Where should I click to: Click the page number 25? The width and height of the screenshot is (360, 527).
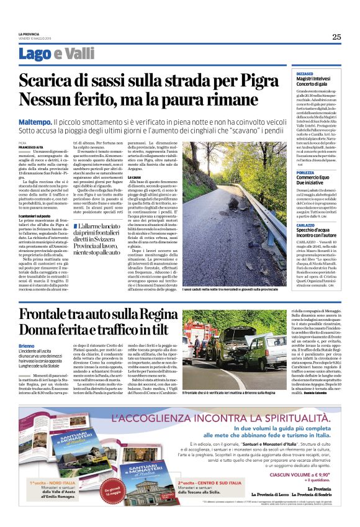tap(336, 37)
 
